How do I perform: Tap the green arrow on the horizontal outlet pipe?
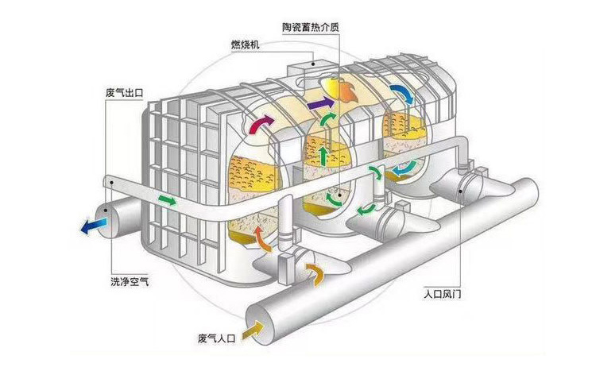tap(167, 199)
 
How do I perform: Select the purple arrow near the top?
tap(320, 104)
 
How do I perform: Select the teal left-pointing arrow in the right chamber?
tap(405, 168)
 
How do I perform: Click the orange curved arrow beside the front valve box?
tap(315, 273)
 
